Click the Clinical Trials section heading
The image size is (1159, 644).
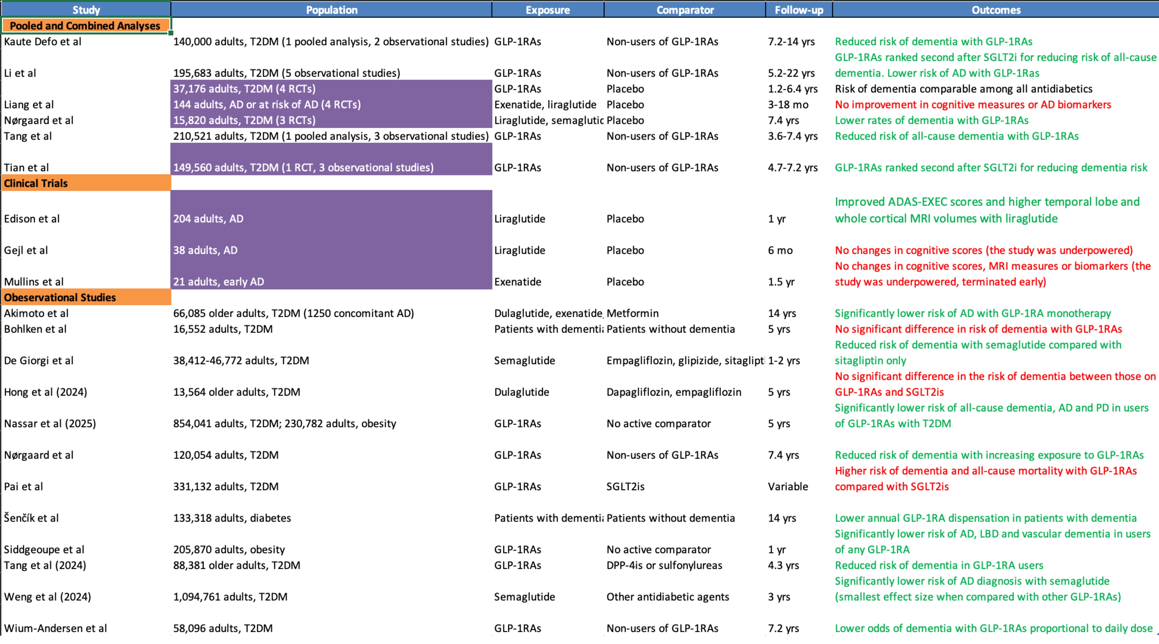(x=36, y=183)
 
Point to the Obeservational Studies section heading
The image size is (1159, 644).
(x=60, y=298)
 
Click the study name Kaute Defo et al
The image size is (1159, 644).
(x=43, y=41)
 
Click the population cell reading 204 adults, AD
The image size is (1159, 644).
(x=208, y=219)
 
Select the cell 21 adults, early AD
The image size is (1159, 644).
(x=219, y=282)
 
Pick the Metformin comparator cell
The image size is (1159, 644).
(x=632, y=313)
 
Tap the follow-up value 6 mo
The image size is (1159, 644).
(x=780, y=250)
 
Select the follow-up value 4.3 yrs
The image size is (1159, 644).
(x=783, y=565)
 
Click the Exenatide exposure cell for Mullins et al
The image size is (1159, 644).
(x=517, y=282)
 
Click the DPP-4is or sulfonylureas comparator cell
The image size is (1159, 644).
(x=664, y=565)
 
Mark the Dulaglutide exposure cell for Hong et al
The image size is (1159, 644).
(x=521, y=392)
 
